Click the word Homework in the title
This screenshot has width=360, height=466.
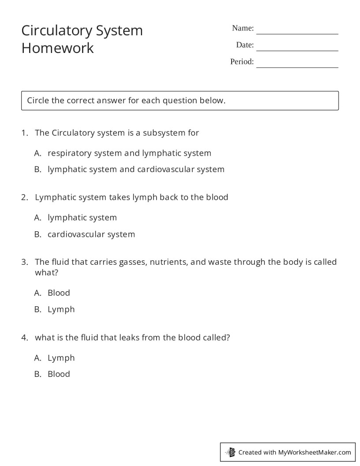[x=58, y=48]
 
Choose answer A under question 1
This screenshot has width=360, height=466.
[x=129, y=153]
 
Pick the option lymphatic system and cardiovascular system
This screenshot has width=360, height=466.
[x=136, y=169]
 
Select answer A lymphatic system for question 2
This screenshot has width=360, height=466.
[x=82, y=218]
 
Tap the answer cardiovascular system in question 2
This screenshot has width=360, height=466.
[x=91, y=234]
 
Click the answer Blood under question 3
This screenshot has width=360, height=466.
[x=59, y=293]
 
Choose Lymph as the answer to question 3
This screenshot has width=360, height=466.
[x=61, y=309]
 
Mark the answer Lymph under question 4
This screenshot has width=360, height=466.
[x=61, y=358]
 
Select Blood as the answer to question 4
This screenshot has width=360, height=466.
[x=59, y=374]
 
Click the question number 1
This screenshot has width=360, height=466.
[x=24, y=133]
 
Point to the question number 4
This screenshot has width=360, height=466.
[x=24, y=338]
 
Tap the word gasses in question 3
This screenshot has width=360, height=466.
[x=132, y=262]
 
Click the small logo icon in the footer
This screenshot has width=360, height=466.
[x=230, y=452]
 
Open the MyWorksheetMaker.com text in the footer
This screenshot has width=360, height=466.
[x=315, y=452]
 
